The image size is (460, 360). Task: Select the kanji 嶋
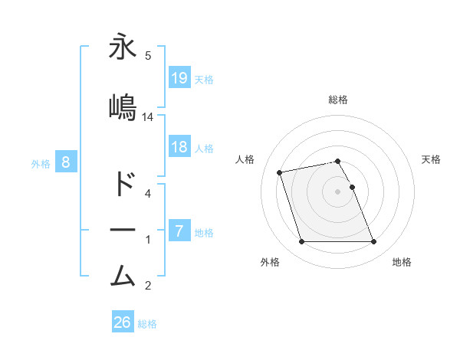[123, 107]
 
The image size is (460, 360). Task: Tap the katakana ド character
[123, 185]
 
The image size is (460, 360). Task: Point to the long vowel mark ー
[123, 229]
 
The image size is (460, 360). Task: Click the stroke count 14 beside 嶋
[148, 117]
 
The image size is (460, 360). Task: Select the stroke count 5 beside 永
[147, 55]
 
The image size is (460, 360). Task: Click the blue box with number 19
[179, 77]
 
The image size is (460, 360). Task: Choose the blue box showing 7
[179, 231]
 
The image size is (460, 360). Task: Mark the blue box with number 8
[67, 162]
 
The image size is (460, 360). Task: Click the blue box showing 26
[123, 322]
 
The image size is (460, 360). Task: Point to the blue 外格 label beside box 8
[41, 163]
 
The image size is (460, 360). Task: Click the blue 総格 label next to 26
[147, 324]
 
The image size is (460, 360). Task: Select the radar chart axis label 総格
[338, 100]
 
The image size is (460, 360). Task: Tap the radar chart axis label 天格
[431, 159]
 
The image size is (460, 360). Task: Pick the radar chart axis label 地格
[402, 262]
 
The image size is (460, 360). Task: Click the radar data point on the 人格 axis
[280, 172]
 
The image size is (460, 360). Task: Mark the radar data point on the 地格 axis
[373, 242]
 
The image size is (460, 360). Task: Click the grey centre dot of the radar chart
[337, 191]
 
